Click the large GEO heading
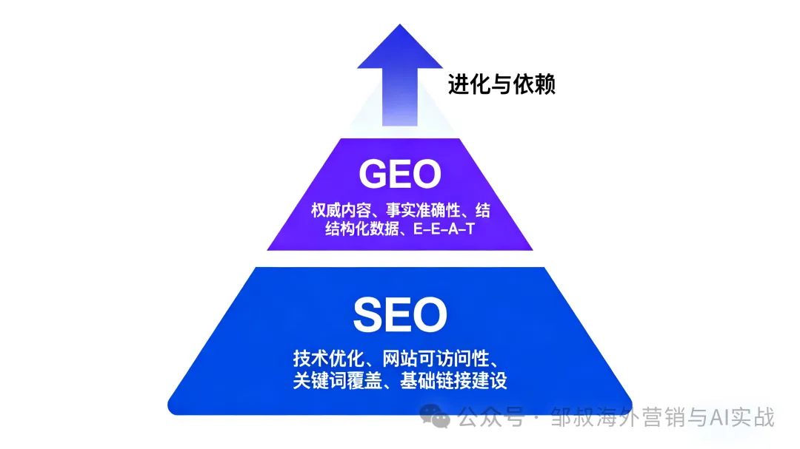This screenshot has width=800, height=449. coord(400,174)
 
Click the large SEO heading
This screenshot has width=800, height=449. coord(400,314)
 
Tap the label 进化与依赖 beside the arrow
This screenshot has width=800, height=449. coord(501,84)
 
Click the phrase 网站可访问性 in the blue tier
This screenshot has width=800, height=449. coord(439,359)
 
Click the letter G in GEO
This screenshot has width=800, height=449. coord(374,174)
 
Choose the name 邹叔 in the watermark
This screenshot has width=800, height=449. coord(571,418)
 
